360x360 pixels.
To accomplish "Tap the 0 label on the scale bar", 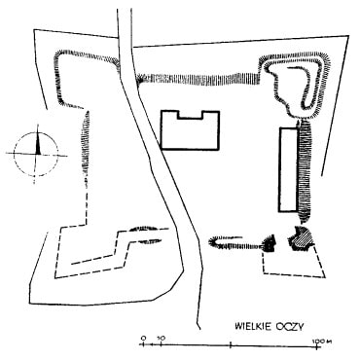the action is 143,338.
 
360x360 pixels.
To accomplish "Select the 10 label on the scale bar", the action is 162,338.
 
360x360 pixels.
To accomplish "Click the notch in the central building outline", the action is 191,115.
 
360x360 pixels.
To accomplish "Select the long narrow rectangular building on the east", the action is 288,170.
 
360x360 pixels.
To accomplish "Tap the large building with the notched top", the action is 191,130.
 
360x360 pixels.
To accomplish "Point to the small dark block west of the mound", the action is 270,243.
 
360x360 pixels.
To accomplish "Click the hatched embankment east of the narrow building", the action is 305,171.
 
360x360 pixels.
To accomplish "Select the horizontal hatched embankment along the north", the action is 198,80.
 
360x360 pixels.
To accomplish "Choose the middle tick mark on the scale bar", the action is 230,345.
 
